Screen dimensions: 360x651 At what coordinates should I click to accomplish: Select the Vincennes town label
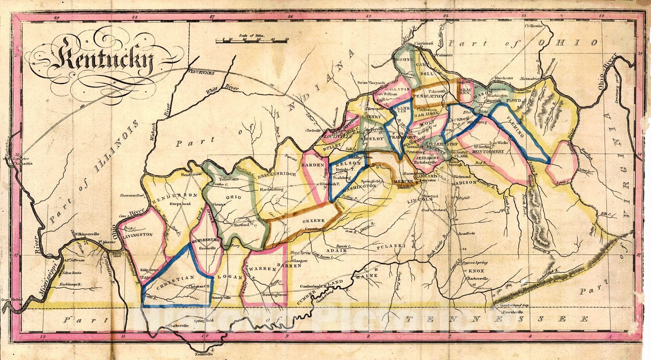click(201, 73)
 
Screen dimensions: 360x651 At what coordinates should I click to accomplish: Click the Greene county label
click(314, 221)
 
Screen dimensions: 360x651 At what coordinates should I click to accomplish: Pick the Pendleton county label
click(428, 96)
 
